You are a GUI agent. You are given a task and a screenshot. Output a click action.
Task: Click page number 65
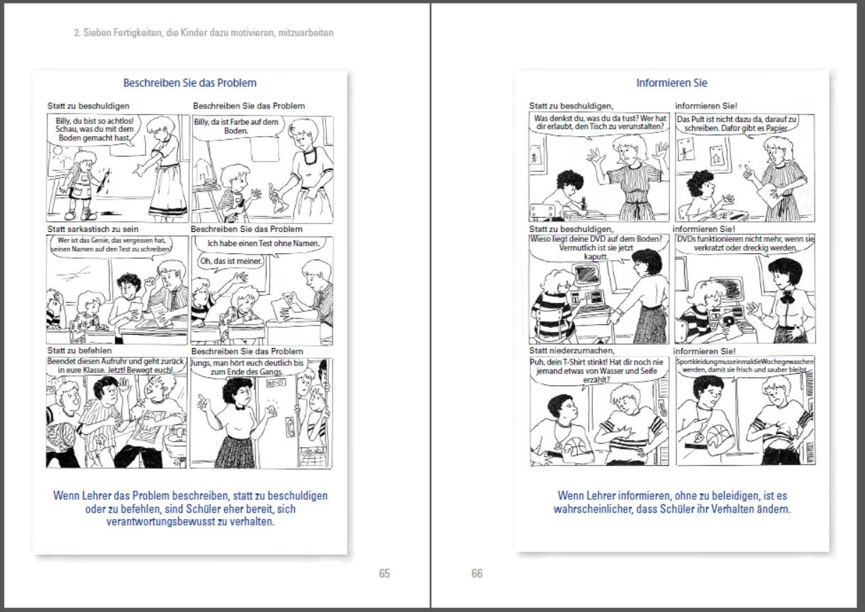click(384, 574)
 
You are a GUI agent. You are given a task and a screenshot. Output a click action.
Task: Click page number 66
click(477, 574)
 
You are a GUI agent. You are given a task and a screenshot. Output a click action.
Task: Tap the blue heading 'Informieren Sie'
click(671, 83)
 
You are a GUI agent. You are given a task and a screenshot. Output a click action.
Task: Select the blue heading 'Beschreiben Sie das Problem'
click(189, 83)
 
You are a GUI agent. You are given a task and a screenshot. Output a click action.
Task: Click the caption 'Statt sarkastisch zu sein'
click(93, 229)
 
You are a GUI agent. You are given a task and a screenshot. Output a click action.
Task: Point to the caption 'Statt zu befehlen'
click(79, 350)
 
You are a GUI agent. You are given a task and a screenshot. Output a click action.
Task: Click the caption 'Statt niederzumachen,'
click(571, 350)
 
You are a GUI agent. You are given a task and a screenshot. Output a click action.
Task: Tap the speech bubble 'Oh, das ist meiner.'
click(231, 262)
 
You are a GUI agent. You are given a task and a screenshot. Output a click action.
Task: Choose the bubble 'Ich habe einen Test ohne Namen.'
click(263, 244)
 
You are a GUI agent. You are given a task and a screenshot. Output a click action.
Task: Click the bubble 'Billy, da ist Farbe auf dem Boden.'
click(236, 127)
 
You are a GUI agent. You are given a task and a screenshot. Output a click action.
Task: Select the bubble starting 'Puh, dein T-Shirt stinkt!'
click(596, 371)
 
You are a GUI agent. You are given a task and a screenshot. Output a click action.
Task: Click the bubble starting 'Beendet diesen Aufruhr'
click(116, 366)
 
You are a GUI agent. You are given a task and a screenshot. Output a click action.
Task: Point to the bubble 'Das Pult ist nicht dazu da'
click(737, 123)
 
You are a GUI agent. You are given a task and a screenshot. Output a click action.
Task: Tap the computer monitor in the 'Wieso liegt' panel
click(587, 274)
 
